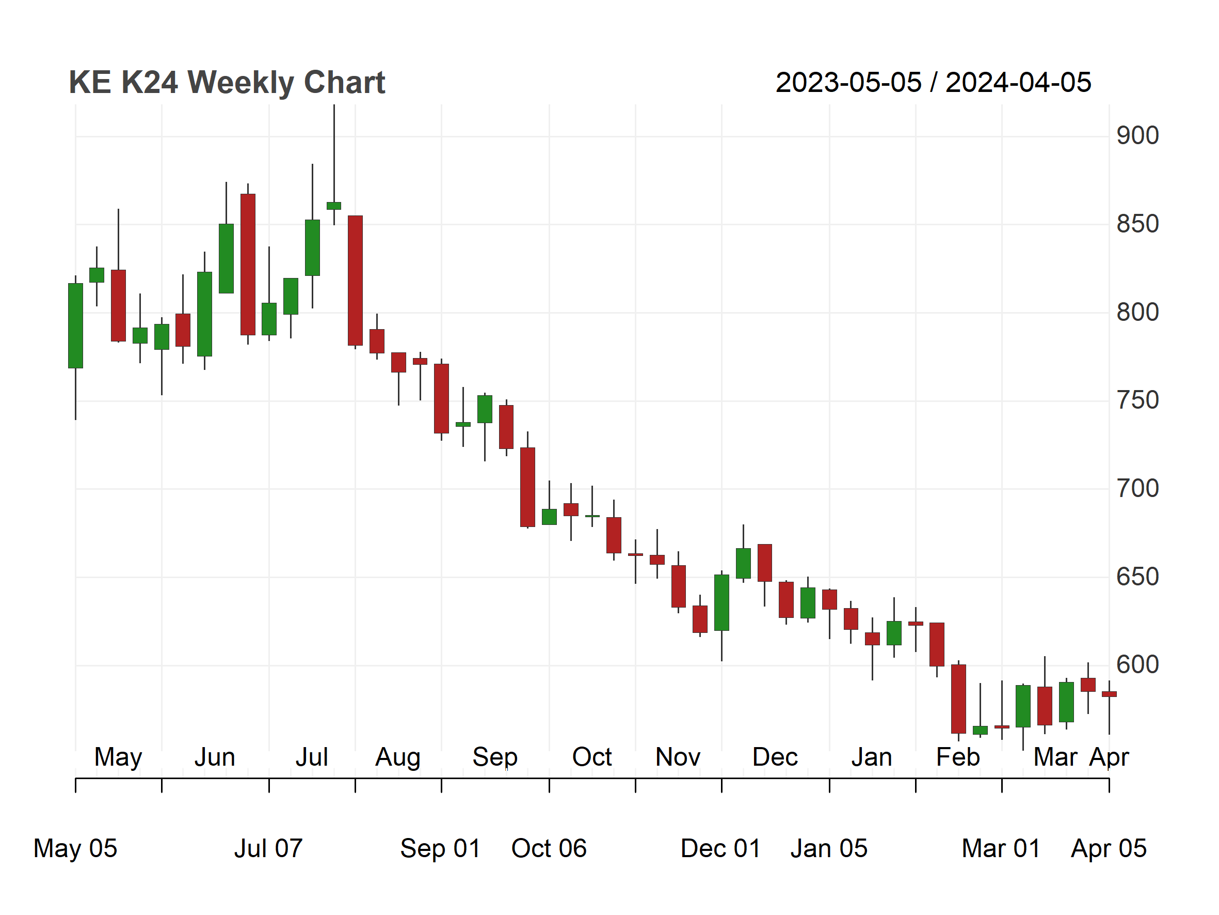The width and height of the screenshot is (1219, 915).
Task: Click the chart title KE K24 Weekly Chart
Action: point(227,83)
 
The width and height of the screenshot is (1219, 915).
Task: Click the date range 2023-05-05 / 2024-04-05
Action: point(933,83)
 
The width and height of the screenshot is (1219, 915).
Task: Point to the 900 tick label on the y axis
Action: point(1137,136)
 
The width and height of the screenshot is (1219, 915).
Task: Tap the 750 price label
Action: point(1137,400)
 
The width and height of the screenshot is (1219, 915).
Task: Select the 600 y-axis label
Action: point(1137,665)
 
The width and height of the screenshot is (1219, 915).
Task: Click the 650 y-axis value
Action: point(1137,577)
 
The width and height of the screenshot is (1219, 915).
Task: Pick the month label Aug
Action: point(398,758)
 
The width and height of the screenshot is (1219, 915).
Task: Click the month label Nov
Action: point(678,757)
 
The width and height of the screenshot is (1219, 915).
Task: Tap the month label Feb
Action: point(958,757)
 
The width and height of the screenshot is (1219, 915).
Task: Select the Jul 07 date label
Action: point(268,848)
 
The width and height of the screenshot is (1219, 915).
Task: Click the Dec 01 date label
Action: point(721,848)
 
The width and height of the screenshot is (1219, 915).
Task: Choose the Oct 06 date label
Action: point(549,848)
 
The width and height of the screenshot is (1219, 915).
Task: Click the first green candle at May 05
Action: point(75,325)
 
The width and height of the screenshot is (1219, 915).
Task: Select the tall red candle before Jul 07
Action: point(248,265)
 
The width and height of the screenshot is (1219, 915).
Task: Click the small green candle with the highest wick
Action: point(334,206)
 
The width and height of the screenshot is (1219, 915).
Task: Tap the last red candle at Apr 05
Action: point(1110,694)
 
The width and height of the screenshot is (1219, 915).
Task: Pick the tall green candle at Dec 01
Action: point(722,602)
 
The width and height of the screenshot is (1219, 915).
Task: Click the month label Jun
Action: point(215,757)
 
